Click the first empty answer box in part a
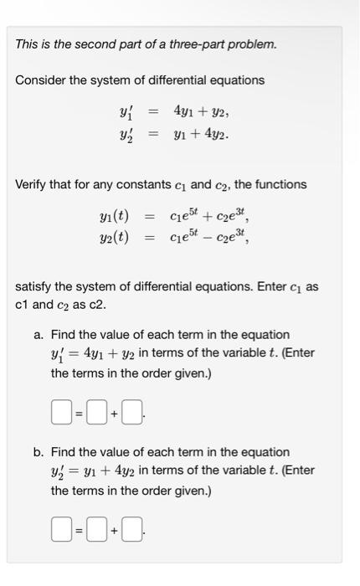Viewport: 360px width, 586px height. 59,411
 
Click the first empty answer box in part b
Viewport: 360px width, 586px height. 59,528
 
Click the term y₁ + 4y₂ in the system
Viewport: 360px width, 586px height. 201,134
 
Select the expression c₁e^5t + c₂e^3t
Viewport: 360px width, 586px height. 208,218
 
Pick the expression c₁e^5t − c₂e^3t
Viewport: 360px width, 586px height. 208,238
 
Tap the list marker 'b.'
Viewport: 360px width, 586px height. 39,452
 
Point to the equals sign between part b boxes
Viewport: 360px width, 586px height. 77,529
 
